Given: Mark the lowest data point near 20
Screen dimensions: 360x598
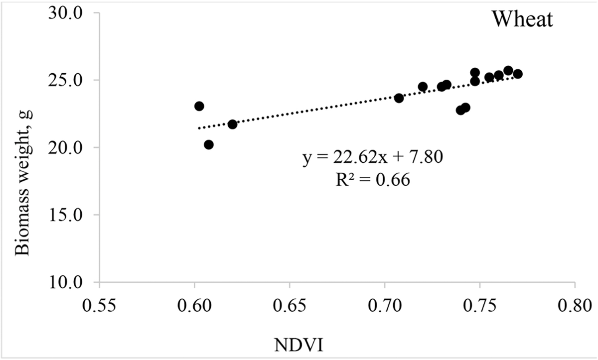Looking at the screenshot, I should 209,144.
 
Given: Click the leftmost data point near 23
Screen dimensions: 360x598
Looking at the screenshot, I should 199,106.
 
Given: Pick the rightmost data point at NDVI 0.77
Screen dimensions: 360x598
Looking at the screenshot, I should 518,74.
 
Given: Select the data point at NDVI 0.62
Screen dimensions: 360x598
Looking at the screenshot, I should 232,124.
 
